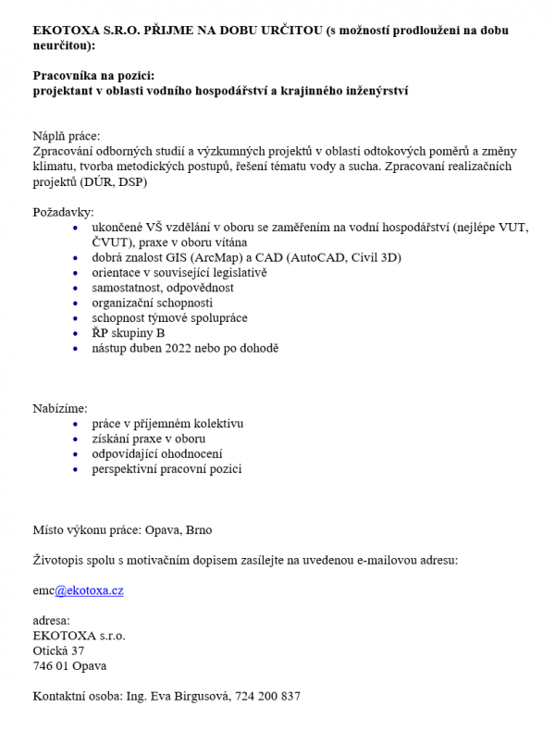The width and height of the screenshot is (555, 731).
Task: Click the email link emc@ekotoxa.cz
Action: click(x=78, y=590)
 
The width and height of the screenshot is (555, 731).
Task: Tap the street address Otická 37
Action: click(x=58, y=650)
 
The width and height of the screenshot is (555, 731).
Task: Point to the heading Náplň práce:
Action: click(x=66, y=136)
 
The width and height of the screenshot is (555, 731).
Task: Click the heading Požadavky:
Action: click(x=63, y=212)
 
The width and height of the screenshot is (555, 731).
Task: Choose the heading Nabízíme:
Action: click(x=60, y=408)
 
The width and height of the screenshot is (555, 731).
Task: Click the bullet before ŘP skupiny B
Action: click(x=75, y=334)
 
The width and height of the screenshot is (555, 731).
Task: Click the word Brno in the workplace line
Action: click(x=199, y=530)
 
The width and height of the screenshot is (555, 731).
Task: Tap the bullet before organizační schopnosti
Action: click(x=75, y=304)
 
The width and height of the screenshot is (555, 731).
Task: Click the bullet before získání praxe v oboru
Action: click(x=75, y=440)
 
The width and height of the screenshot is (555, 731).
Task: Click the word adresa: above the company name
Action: click(x=51, y=620)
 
